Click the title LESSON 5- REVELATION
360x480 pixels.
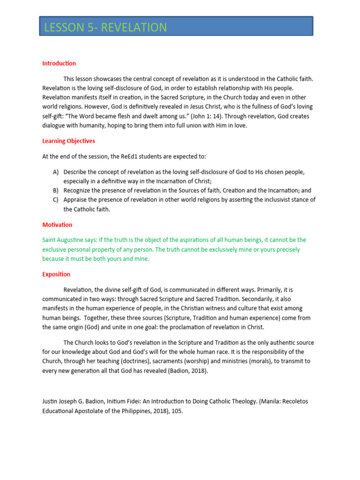coord(105,28)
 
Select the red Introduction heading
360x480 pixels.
coord(59,63)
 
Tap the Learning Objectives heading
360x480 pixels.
coord(68,141)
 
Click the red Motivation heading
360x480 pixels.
coord(57,225)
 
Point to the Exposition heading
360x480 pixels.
coord(56,274)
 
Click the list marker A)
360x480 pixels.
coord(55,172)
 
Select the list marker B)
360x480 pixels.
coord(55,190)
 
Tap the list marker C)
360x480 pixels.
coord(55,200)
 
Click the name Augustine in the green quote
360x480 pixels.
coord(74,240)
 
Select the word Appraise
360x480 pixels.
coord(76,200)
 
